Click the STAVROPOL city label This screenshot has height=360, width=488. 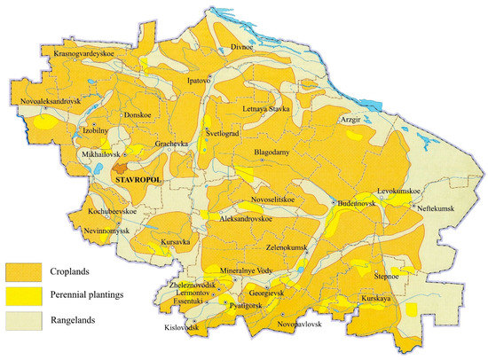(142, 180)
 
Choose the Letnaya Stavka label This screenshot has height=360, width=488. (268, 110)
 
